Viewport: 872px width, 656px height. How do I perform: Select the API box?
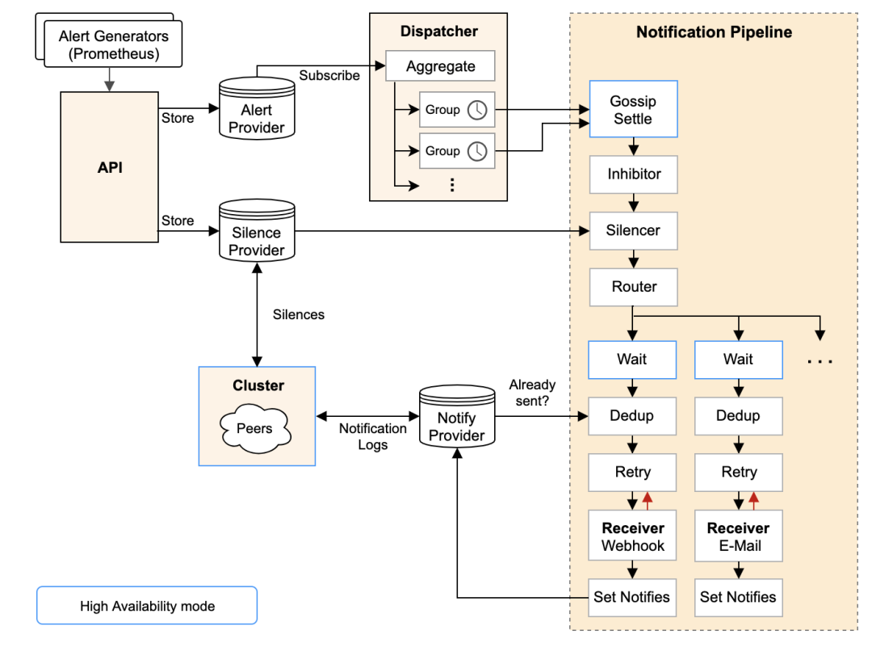tap(109, 167)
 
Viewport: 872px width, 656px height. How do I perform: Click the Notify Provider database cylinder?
tap(457, 418)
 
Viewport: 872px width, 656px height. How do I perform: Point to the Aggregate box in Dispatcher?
tap(440, 66)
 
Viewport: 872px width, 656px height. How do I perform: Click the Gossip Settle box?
tap(633, 110)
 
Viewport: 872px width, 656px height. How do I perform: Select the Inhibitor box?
tap(634, 174)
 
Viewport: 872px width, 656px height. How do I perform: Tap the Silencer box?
tap(634, 230)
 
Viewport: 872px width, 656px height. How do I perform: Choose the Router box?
tap(634, 287)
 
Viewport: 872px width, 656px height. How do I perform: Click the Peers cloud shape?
tap(255, 429)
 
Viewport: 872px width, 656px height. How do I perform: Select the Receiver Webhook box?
tap(633, 536)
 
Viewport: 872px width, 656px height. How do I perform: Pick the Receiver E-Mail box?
tap(739, 536)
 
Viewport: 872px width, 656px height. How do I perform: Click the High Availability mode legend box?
tap(147, 605)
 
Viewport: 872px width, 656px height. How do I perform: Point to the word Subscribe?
tap(329, 75)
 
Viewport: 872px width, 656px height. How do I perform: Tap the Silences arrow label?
tap(299, 314)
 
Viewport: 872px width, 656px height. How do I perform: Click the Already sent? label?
tap(532, 393)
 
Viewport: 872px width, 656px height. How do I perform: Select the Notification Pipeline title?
tap(714, 32)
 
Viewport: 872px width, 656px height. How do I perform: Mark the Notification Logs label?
tap(372, 436)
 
